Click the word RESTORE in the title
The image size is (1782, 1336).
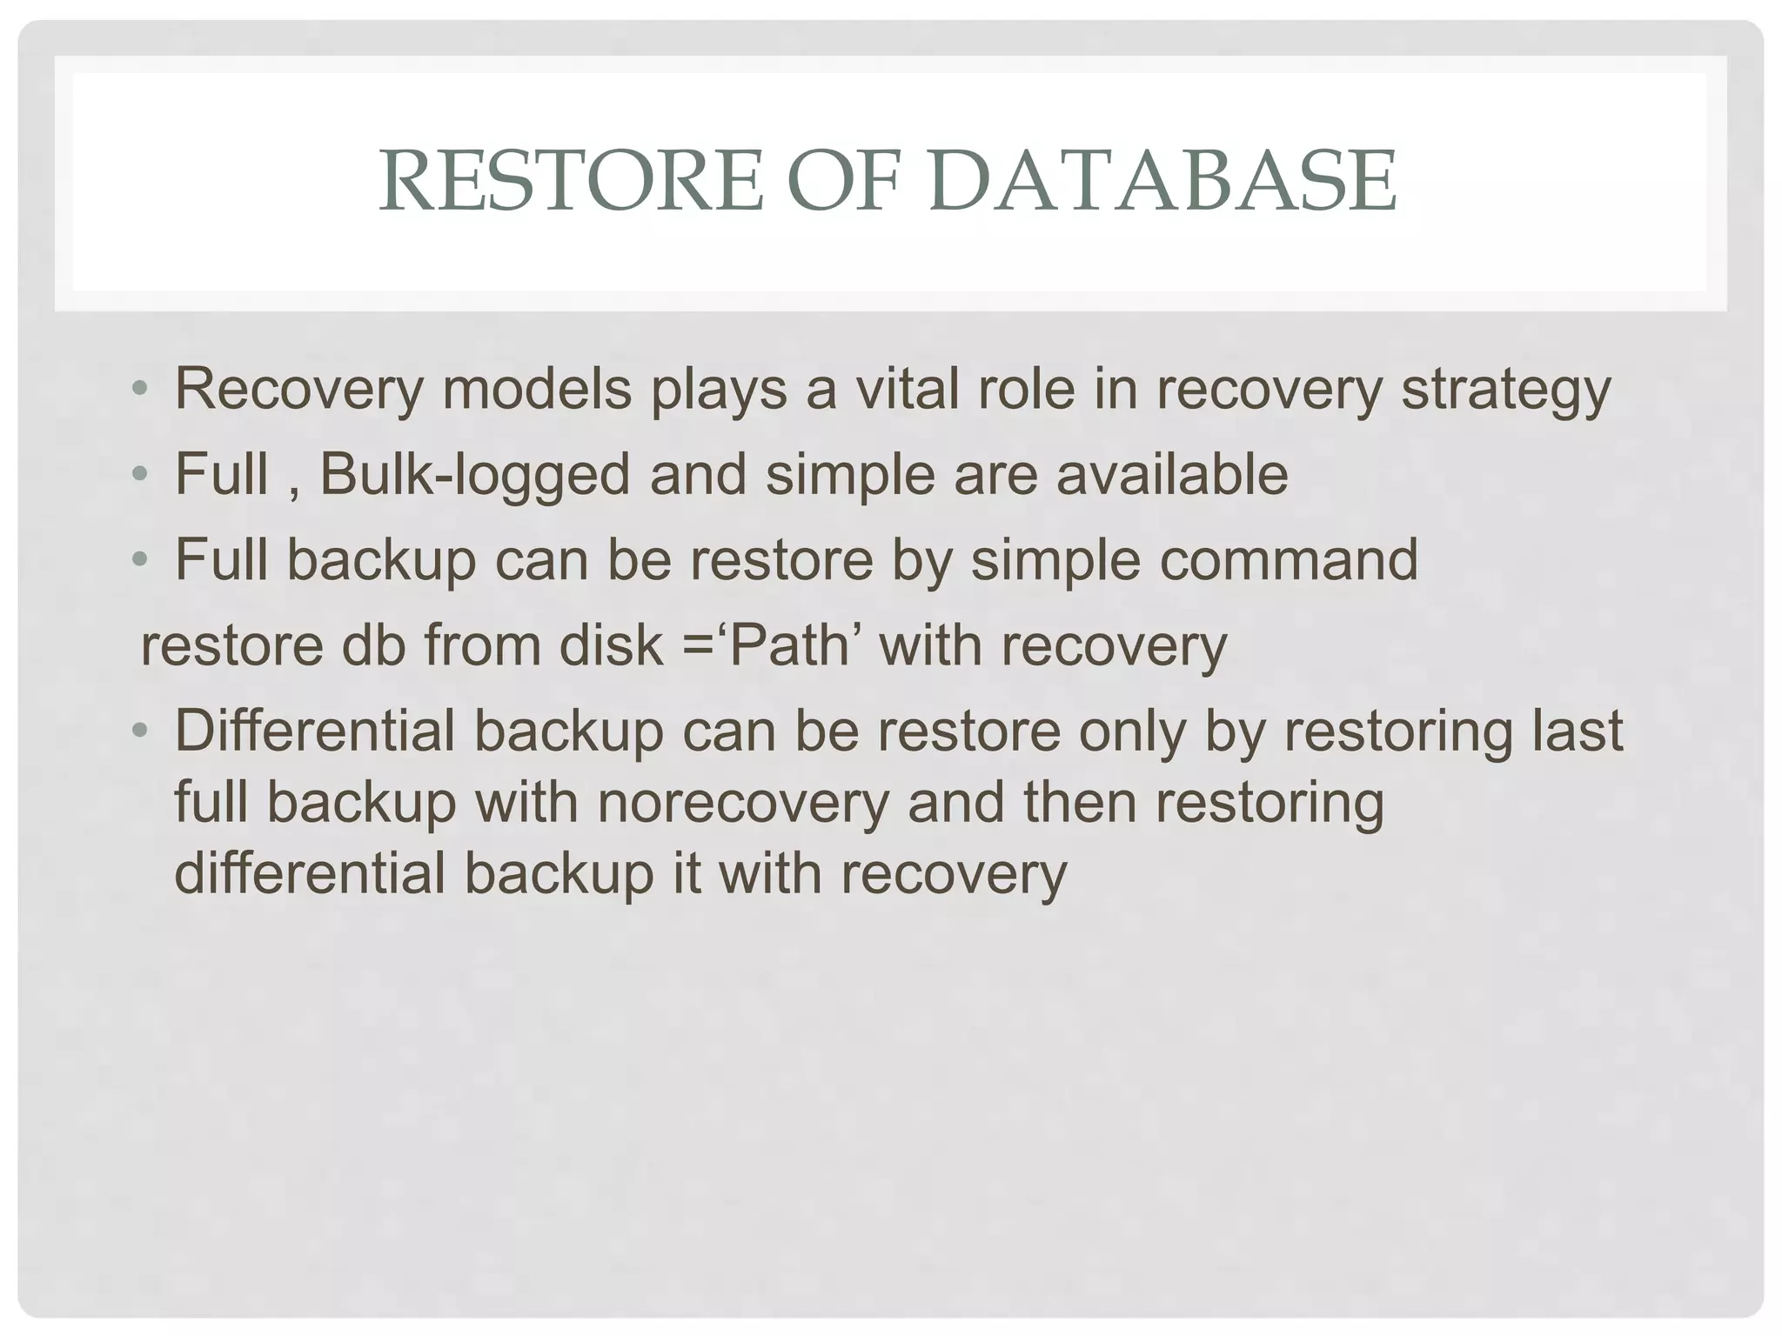[x=571, y=182]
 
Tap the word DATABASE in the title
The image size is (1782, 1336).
[x=1162, y=182]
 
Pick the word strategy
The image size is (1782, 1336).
[x=1505, y=391]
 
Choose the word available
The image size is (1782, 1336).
[x=1171, y=474]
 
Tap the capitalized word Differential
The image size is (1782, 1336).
[x=315, y=731]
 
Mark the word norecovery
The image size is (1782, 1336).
[x=742, y=802]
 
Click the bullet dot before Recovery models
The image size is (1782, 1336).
[x=139, y=390]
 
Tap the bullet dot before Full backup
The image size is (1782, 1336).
[x=139, y=560]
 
